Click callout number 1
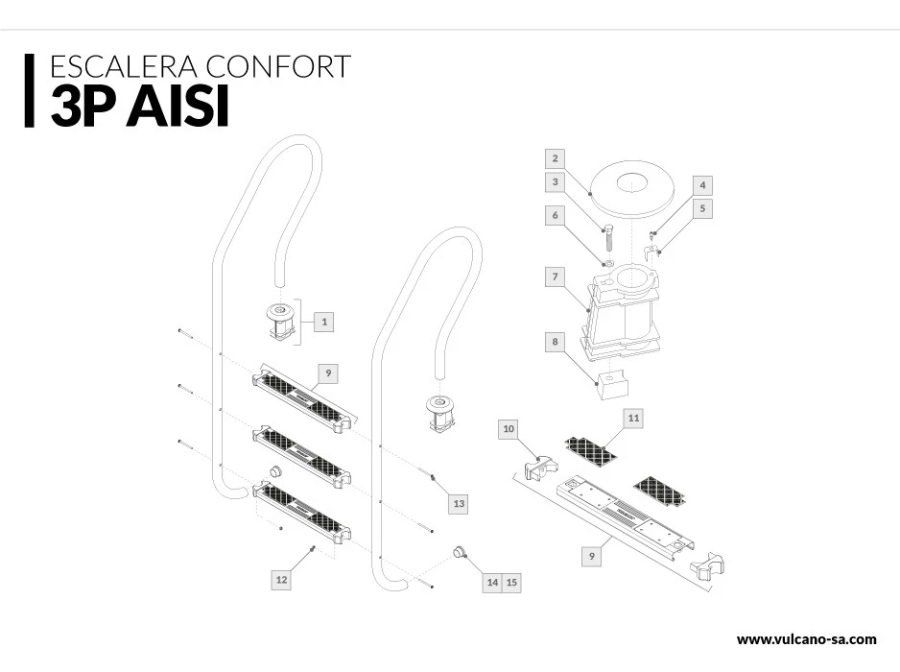pos(324,322)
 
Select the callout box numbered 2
pos(555,157)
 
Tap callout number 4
pos(702,183)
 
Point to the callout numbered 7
pos(555,277)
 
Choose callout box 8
pos(555,341)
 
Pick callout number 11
pos(633,418)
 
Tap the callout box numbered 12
pos(281,579)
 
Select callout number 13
pos(459,503)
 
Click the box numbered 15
pos(511,582)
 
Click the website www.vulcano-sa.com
pos(806,639)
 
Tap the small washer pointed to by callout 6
pos(607,262)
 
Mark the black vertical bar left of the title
pos(28,89)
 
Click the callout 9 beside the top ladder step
pos(328,372)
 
